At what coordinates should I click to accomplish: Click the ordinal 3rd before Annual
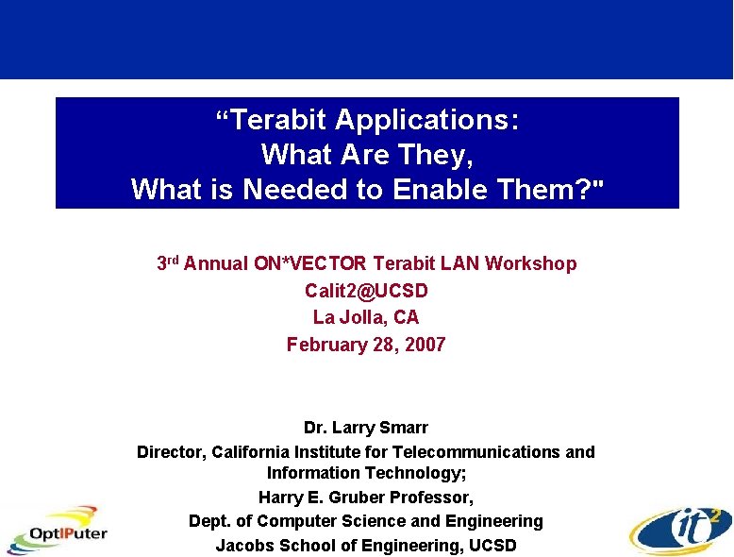pyautogui.click(x=168, y=263)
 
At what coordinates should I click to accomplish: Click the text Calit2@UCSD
pyautogui.click(x=366, y=291)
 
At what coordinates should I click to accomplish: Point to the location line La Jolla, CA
pyautogui.click(x=366, y=317)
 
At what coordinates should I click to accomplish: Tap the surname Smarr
pyautogui.click(x=403, y=428)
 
